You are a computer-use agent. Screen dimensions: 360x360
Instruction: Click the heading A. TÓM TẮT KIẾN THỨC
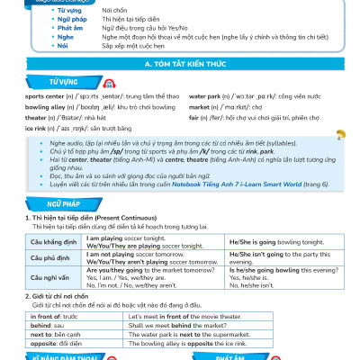tap(181, 67)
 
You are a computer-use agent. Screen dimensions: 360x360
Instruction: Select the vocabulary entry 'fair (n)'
tap(198, 117)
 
